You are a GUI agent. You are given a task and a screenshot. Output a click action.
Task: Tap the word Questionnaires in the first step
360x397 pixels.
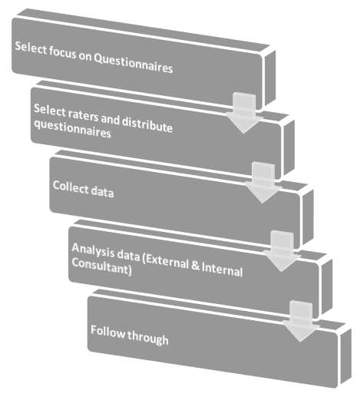[x=133, y=67]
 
